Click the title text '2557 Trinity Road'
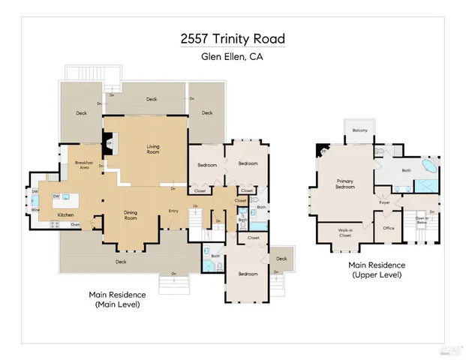pyautogui.click(x=232, y=39)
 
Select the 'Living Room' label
pyautogui.click(x=153, y=149)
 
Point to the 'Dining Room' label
pyautogui.click(x=131, y=214)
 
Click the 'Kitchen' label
pyautogui.click(x=66, y=215)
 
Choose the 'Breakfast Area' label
pyautogui.click(x=83, y=165)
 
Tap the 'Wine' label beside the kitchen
pyautogui.click(x=35, y=210)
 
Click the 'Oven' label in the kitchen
pyautogui.click(x=75, y=224)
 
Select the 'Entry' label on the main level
pyautogui.click(x=173, y=211)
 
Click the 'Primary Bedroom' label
pyautogui.click(x=345, y=183)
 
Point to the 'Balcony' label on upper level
pyautogui.click(x=360, y=131)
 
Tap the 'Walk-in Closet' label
pyautogui.click(x=344, y=233)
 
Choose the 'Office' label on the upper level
pyautogui.click(x=388, y=228)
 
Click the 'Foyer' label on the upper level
pyautogui.click(x=384, y=202)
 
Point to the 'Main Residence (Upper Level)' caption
pyautogui.click(x=377, y=270)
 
